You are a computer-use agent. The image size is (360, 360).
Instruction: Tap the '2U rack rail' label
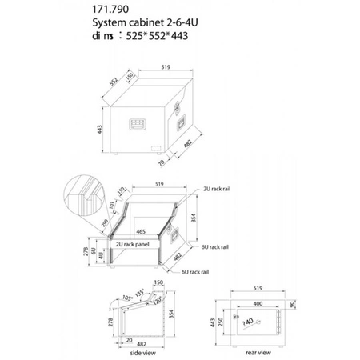point(217,192)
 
